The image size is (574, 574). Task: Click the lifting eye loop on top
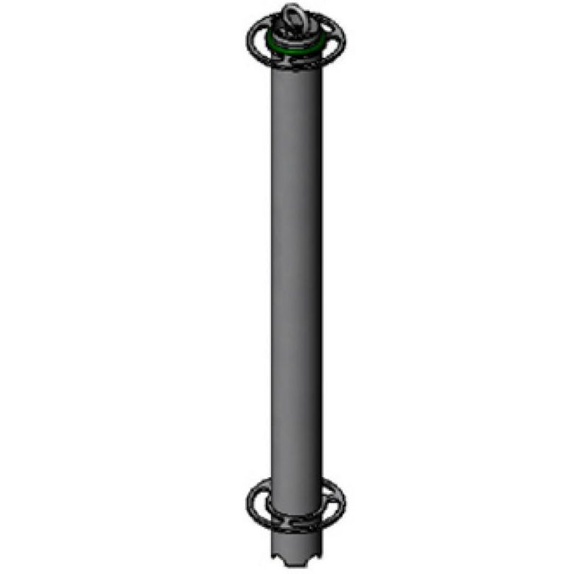[293, 15]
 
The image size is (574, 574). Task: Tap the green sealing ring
[275, 46]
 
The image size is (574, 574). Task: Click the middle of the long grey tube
[294, 279]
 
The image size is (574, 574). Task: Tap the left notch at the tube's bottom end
[280, 559]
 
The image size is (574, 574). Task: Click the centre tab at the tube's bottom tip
[297, 562]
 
